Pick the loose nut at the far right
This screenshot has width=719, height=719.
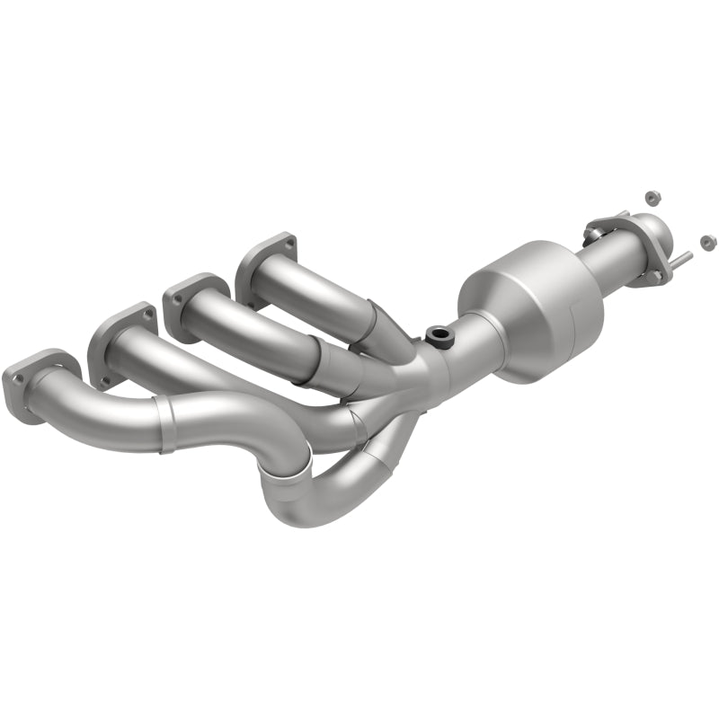(x=707, y=241)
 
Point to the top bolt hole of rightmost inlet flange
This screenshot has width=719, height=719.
(x=288, y=242)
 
